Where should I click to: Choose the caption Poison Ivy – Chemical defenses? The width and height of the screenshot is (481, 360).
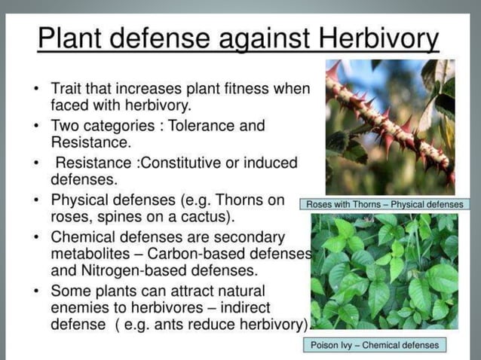[x=375, y=346]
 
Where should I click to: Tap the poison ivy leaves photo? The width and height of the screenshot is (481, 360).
[x=385, y=272]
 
